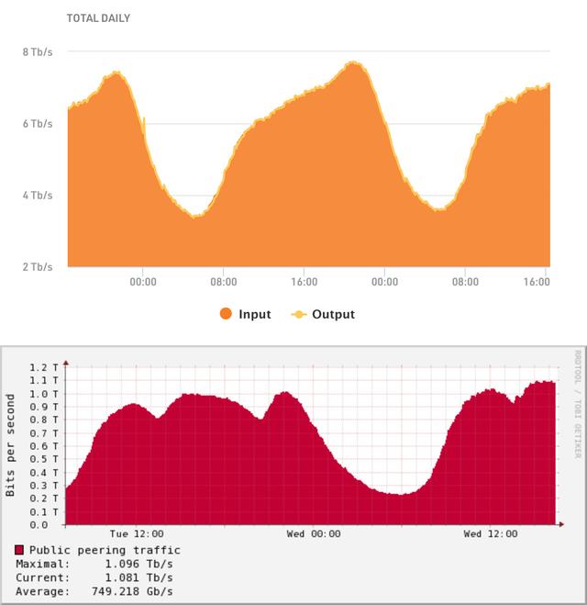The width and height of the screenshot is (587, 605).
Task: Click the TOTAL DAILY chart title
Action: tap(99, 18)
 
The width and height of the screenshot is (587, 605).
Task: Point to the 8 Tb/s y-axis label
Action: tap(38, 51)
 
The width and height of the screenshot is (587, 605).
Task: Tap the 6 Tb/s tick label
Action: tap(38, 123)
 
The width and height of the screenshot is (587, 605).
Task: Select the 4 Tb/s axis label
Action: tap(38, 195)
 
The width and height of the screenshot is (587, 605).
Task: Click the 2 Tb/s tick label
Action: tap(38, 266)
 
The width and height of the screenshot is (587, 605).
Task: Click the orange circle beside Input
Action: tap(226, 314)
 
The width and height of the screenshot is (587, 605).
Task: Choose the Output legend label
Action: tap(333, 314)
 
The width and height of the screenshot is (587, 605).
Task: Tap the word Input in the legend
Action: tap(255, 314)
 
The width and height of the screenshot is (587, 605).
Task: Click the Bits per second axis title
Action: tap(11, 446)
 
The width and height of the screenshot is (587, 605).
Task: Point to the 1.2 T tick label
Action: tap(45, 367)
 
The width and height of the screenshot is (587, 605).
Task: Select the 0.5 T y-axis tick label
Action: tap(45, 459)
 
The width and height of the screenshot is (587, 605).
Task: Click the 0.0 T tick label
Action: tap(45, 525)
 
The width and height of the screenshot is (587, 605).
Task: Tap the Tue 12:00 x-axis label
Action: tap(137, 533)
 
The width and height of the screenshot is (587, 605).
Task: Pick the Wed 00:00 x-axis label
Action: tap(314, 533)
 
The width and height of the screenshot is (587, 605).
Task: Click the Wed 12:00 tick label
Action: tap(491, 533)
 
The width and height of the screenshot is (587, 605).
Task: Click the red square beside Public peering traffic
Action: tap(19, 550)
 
